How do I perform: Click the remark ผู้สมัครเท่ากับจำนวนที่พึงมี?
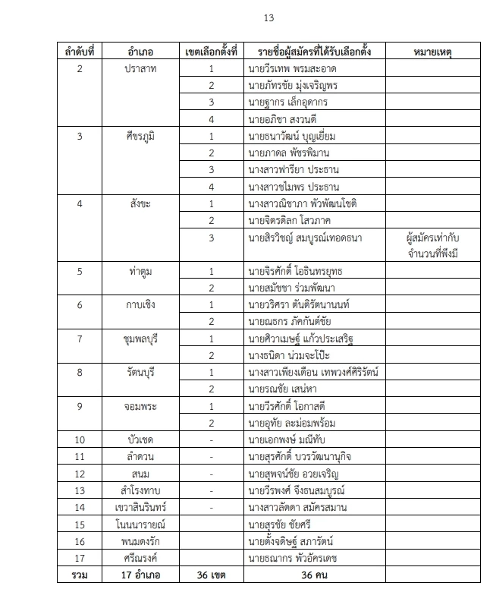tap(432, 245)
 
